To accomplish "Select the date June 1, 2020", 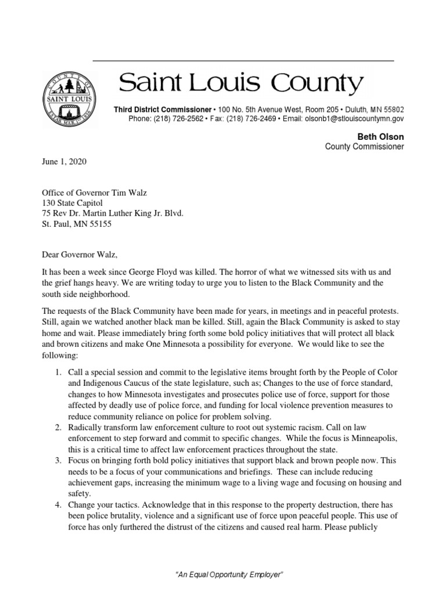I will tap(64, 162).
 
